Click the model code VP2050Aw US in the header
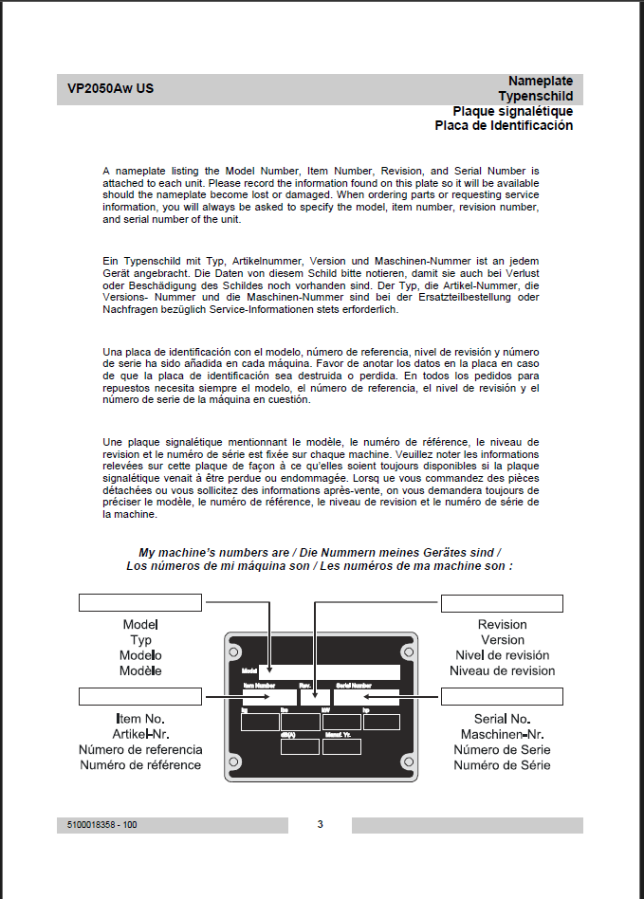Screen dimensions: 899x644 click(x=111, y=89)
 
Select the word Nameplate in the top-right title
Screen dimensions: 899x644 click(x=540, y=81)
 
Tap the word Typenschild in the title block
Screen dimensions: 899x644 click(x=535, y=96)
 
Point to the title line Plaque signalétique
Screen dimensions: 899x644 click(x=512, y=111)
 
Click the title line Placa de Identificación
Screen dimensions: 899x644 click(x=504, y=125)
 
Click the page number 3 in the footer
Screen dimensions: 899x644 click(x=321, y=824)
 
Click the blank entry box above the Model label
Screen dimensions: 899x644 click(x=140, y=602)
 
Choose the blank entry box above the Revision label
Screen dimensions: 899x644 click(x=502, y=603)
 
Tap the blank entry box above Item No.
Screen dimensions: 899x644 click(x=140, y=698)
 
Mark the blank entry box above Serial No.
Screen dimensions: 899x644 click(x=502, y=697)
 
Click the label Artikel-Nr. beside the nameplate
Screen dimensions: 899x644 click(x=140, y=735)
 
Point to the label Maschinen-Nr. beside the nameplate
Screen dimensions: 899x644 click(x=502, y=735)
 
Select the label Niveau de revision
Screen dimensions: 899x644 click(x=502, y=670)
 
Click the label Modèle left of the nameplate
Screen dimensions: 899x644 click(x=140, y=670)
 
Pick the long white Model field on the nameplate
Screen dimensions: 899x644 click(x=329, y=671)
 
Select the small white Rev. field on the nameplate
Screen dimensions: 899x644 click(x=315, y=697)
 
